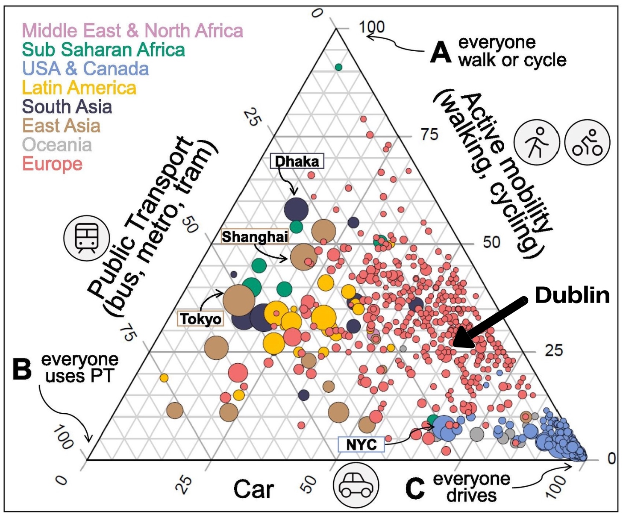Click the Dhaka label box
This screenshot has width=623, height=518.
[x=297, y=161]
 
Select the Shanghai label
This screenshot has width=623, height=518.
[x=255, y=236]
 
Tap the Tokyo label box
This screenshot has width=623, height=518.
[x=200, y=318]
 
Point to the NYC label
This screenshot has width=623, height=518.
[x=361, y=444]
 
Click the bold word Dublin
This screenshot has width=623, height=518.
[x=572, y=295]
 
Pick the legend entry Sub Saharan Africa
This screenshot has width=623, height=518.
[x=103, y=50]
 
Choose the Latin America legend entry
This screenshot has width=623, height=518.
[x=79, y=88]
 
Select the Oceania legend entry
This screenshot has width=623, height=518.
[x=57, y=145]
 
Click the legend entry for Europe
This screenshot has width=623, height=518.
[x=52, y=164]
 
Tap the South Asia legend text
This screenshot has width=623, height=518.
[x=67, y=107]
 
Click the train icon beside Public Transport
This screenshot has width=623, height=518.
[x=86, y=238]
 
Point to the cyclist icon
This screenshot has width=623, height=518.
[x=587, y=142]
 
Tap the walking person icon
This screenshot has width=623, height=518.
[x=536, y=142]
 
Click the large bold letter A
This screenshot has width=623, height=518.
[x=441, y=52]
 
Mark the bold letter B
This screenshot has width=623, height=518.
[x=22, y=368]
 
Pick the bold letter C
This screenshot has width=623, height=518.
[x=415, y=488]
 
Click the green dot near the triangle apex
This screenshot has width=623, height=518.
[x=338, y=67]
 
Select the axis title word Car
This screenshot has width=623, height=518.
[x=253, y=489]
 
